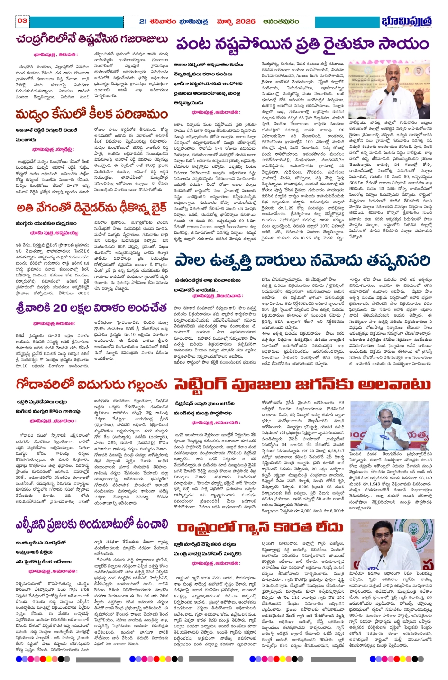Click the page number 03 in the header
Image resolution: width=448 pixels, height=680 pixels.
pyautogui.click(x=22, y=21)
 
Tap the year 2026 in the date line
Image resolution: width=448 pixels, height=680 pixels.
pyautogui.click(x=245, y=21)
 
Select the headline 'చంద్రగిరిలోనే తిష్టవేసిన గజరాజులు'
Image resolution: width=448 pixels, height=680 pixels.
pyautogui.click(x=92, y=39)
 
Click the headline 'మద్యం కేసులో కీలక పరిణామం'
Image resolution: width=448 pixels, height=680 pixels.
pyautogui.click(x=91, y=115)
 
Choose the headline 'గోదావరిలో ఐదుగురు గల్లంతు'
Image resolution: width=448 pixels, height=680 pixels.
pyautogui.click(x=91, y=384)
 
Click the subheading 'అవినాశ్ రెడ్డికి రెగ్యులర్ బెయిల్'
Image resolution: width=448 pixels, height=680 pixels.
pyautogui.click(x=46, y=129)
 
